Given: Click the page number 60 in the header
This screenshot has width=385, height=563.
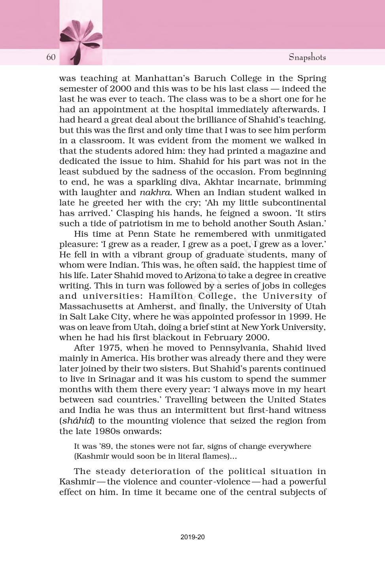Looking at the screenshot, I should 51,57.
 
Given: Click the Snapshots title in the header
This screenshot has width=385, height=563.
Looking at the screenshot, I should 307,57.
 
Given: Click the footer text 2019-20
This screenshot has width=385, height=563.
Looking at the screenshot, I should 192,537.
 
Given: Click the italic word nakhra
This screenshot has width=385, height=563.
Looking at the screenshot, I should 155,192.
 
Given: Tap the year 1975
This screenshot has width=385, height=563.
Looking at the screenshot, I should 109,348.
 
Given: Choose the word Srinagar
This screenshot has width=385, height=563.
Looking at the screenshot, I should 117,379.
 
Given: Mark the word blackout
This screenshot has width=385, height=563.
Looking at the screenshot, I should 171,337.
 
